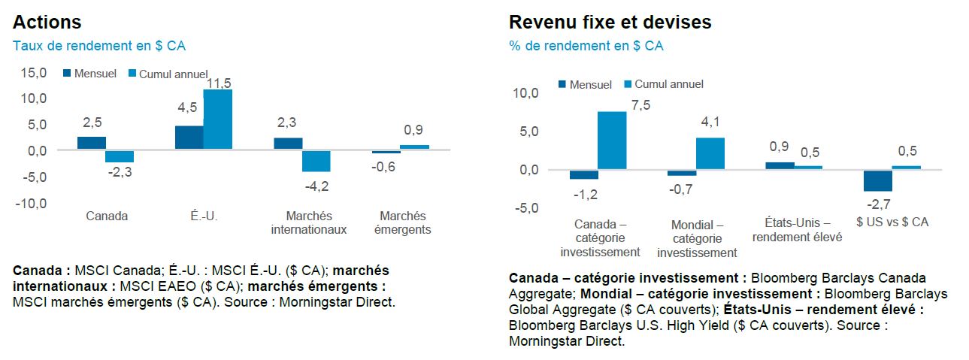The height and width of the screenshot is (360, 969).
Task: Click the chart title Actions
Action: (47, 22)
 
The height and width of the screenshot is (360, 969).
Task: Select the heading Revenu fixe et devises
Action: (610, 22)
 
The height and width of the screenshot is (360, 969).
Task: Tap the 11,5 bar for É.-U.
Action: (218, 119)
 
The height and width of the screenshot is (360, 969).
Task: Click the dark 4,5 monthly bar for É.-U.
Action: (189, 138)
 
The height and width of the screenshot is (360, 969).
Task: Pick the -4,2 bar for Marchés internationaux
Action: (316, 161)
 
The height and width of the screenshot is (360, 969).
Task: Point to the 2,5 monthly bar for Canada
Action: (92, 143)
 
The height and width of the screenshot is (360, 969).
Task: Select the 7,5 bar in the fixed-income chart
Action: (612, 140)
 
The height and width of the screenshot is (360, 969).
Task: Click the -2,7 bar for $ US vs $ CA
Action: (877, 180)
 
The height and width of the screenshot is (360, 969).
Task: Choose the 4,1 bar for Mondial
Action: (710, 153)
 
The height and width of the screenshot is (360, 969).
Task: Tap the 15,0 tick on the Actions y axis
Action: (33, 72)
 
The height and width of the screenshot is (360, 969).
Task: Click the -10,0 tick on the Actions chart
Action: (32, 204)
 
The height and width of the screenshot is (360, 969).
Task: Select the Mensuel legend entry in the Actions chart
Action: (89, 74)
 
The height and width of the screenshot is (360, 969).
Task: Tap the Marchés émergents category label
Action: (402, 223)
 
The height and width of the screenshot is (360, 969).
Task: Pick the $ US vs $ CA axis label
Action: (892, 222)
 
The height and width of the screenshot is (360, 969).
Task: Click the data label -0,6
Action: (383, 167)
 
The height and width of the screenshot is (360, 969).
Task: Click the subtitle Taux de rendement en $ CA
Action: (98, 46)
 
